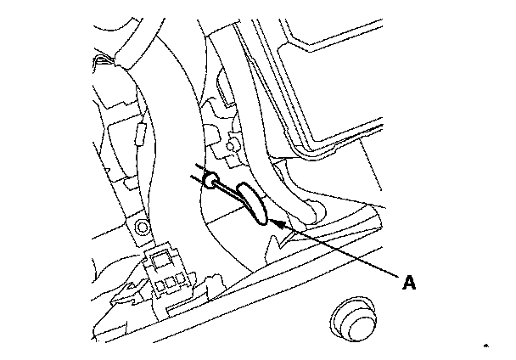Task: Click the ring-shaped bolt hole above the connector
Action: pos(141,227)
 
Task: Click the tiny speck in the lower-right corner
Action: pos(487,346)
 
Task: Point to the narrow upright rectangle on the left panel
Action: pos(142,132)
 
